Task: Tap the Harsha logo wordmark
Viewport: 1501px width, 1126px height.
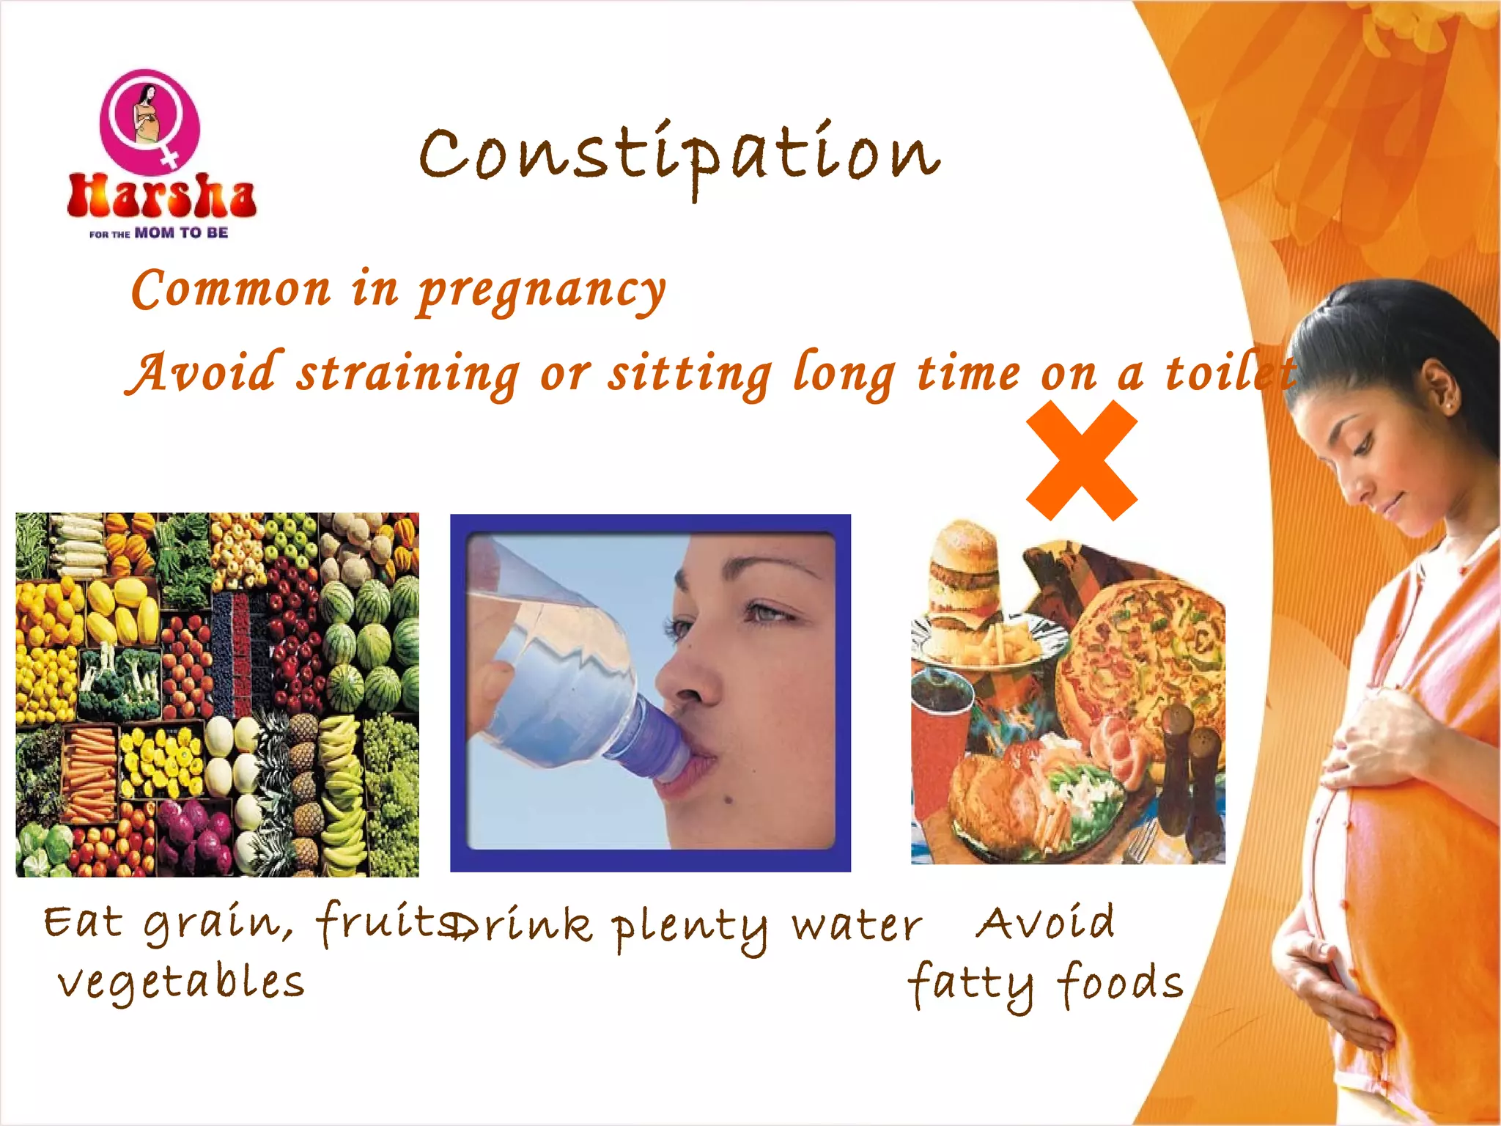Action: [161, 196]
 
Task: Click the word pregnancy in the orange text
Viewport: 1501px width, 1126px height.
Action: [542, 291]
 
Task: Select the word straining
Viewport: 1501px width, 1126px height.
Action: [407, 374]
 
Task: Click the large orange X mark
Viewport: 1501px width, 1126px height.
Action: [1082, 460]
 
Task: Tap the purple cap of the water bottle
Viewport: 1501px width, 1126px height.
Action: [660, 740]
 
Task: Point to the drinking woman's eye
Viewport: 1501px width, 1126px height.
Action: [766, 612]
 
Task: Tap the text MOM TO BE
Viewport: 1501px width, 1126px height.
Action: [181, 233]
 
